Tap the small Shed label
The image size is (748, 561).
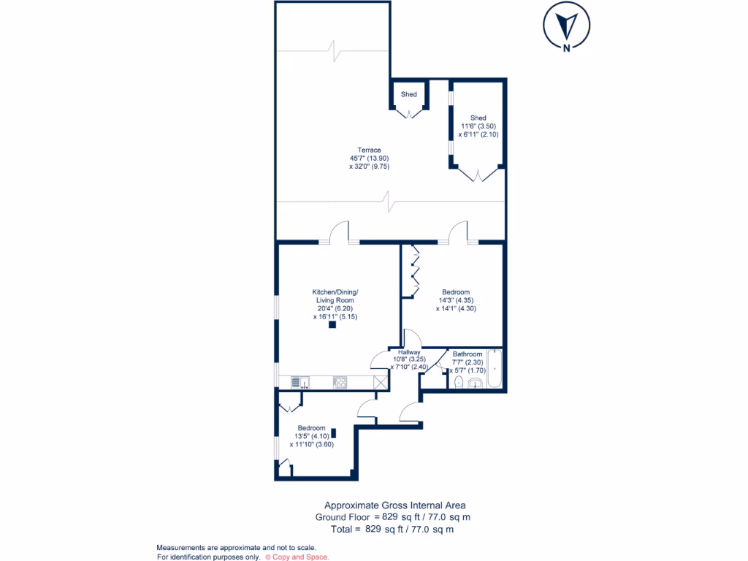[x=408, y=94]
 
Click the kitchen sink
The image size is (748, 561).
[x=299, y=382]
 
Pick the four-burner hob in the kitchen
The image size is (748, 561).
[x=340, y=382]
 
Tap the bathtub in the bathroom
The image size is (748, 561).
[x=495, y=370]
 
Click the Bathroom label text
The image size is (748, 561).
[x=467, y=354]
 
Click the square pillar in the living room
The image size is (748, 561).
[x=332, y=326]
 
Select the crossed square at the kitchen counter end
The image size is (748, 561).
[x=380, y=382]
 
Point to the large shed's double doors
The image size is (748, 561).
[x=478, y=175]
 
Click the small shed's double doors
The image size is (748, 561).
[x=408, y=112]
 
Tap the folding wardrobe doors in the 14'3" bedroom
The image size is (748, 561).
[x=414, y=270]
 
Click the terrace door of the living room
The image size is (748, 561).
[x=338, y=233]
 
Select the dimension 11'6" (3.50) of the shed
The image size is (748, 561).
[x=478, y=126]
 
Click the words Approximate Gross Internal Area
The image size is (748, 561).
[x=394, y=505]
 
